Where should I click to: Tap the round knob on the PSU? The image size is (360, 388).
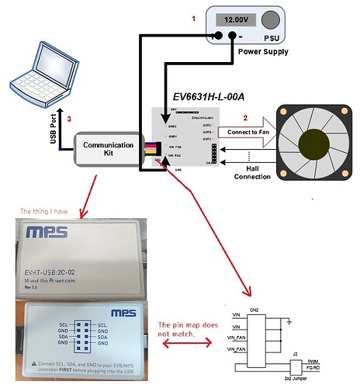[271, 21]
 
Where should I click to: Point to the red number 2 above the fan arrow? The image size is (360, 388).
[246, 117]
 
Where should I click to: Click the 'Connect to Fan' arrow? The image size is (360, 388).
[244, 133]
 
